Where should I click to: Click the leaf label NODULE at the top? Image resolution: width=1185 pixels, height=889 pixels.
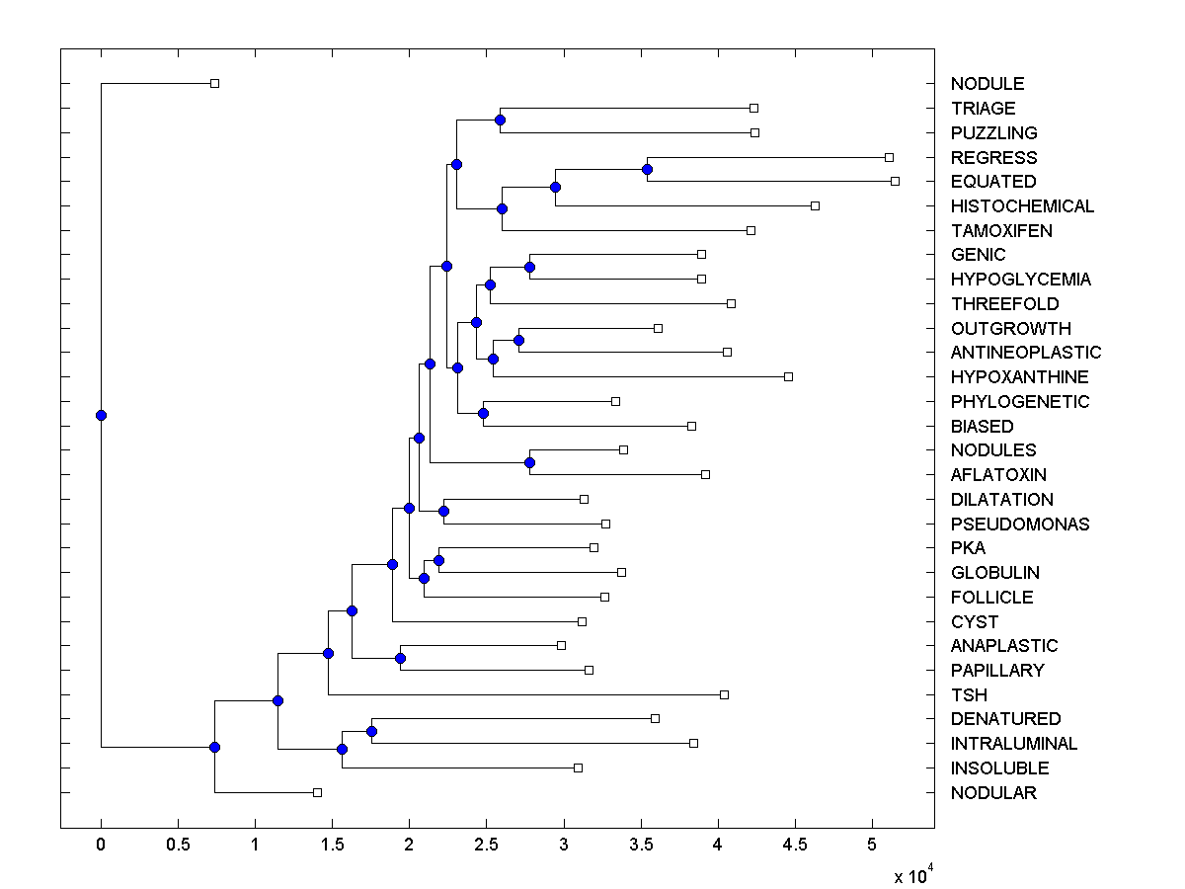click(987, 84)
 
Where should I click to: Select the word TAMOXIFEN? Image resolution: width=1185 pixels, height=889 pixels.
click(1001, 231)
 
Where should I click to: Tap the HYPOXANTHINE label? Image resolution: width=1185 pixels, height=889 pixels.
click(1020, 377)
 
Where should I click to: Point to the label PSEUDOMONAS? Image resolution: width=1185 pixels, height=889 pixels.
click(1020, 525)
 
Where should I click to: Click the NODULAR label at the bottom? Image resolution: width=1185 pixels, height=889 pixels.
click(993, 793)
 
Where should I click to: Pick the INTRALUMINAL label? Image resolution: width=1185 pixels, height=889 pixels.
click(1014, 744)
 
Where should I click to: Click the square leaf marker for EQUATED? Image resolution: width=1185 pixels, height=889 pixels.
click(895, 181)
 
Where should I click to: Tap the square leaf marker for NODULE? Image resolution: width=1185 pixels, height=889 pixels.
click(214, 83)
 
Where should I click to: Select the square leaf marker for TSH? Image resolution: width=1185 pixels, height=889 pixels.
click(724, 694)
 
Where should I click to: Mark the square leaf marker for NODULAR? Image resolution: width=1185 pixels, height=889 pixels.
click(317, 792)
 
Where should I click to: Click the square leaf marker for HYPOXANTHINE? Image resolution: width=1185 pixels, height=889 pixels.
click(788, 376)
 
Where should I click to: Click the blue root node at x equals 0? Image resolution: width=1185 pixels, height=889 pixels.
click(101, 415)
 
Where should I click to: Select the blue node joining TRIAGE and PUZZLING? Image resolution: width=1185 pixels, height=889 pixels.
click(500, 120)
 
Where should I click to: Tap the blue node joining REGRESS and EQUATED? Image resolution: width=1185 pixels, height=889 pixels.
click(647, 169)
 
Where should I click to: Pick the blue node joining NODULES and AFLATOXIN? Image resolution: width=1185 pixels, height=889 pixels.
click(529, 462)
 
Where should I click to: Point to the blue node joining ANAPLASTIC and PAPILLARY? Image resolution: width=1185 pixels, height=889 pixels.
click(400, 658)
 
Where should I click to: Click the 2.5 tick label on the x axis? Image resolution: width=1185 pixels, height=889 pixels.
click(487, 846)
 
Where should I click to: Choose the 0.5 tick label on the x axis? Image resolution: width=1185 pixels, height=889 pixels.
click(178, 846)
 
